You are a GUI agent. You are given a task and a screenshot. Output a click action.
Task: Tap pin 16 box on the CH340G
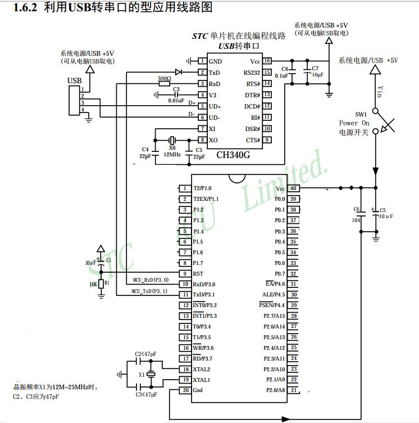(267, 61)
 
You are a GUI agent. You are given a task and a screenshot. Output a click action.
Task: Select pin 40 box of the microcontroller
(293, 188)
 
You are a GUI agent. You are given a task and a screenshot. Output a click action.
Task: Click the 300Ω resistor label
(164, 78)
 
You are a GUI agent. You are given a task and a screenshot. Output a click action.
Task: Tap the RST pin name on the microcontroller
(198, 273)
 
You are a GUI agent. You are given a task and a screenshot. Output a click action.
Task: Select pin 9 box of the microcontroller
(184, 273)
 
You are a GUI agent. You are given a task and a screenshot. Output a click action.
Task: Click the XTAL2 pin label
(201, 369)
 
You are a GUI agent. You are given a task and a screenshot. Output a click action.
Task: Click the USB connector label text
(75, 81)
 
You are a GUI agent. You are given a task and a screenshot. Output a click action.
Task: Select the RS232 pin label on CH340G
(251, 73)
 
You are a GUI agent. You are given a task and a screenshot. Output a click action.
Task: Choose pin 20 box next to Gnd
(184, 390)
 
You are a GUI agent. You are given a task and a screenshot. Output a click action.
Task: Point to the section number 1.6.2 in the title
(25, 8)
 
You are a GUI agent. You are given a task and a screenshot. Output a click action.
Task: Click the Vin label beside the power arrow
(379, 90)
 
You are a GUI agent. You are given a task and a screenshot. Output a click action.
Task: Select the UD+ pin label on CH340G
(215, 106)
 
